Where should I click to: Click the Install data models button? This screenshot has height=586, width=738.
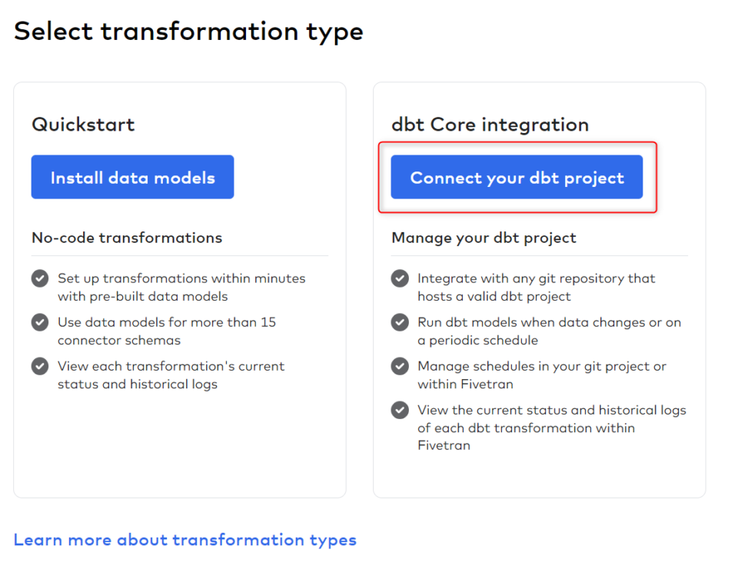click(x=132, y=178)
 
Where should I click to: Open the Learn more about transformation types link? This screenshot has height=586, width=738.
click(x=184, y=540)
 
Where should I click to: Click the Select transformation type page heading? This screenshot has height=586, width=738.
click(x=188, y=32)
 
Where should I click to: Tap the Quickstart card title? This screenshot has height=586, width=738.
click(x=83, y=125)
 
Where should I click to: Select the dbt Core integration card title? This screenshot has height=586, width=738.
click(x=490, y=125)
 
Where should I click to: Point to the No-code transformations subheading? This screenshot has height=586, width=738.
click(x=127, y=238)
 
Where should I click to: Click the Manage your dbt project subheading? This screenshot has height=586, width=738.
click(x=484, y=238)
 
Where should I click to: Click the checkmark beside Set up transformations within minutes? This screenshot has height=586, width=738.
click(x=40, y=278)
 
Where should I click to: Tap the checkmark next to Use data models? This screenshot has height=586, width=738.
click(x=40, y=322)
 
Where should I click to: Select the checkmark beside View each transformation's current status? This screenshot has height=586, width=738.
click(x=40, y=366)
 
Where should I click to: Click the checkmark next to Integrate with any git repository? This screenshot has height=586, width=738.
click(x=400, y=278)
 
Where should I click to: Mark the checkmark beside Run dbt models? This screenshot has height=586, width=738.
click(x=400, y=322)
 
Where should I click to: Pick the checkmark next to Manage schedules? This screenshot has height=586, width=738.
click(x=400, y=366)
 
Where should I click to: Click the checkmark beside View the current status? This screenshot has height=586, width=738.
click(x=400, y=410)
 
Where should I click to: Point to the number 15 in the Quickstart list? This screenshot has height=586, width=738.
click(x=268, y=322)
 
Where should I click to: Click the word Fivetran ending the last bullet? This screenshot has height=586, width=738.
click(x=444, y=445)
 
